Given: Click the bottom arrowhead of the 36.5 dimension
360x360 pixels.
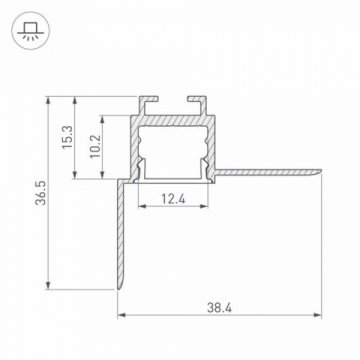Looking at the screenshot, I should (x=49, y=287).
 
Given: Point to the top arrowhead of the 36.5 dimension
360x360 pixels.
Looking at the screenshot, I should (x=49, y=100).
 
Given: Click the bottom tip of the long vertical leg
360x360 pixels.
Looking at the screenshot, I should (x=118, y=291).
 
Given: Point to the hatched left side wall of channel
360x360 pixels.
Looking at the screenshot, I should (x=133, y=145).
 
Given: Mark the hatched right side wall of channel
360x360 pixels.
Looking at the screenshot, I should (x=214, y=145).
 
